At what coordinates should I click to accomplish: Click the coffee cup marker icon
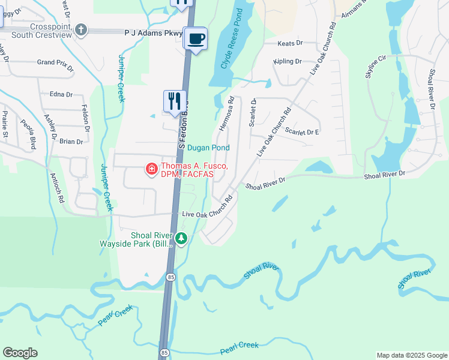coord(196,39)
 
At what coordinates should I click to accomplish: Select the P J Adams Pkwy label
coord(153,34)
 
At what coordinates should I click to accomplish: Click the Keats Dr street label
coord(291,43)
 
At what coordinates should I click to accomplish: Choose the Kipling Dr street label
coord(287,62)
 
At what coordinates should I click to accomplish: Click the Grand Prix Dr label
coord(55,62)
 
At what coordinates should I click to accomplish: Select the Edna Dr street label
coord(61,94)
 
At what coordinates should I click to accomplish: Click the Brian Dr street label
coord(71,142)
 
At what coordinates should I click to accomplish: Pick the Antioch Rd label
coord(58,190)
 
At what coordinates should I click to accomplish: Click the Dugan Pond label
coord(208,148)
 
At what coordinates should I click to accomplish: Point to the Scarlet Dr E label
coord(302,131)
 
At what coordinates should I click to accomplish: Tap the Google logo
coord(20,353)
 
